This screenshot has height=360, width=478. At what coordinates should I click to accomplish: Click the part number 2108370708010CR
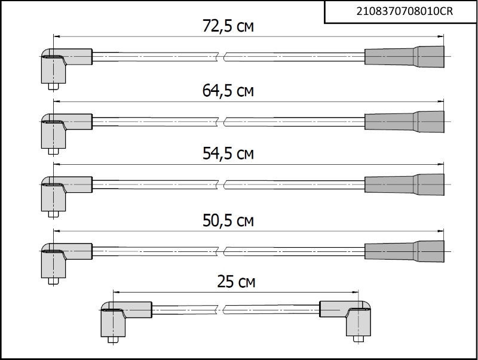(405, 11)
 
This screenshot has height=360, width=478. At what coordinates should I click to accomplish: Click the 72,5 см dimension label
(228, 26)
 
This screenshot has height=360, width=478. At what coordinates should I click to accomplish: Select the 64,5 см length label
(228, 91)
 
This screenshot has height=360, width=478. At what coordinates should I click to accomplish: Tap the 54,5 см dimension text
(228, 153)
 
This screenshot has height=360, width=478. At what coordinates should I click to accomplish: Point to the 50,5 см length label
(228, 220)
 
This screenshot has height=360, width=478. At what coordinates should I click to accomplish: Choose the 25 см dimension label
(236, 282)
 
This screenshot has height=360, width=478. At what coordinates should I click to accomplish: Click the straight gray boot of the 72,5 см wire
(405, 57)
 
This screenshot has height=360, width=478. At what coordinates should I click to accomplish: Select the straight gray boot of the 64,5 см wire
(405, 122)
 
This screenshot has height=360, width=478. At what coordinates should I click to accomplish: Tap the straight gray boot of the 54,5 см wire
(405, 184)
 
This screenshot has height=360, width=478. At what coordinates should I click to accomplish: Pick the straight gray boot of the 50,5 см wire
(405, 251)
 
